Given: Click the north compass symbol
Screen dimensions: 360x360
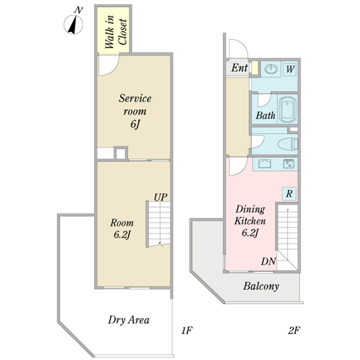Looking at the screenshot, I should tap(74, 23).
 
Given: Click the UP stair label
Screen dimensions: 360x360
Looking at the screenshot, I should tap(160, 196).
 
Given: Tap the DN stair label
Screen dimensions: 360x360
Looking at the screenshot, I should tap(268, 262).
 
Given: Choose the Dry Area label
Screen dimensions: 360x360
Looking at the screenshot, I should tap(129, 320).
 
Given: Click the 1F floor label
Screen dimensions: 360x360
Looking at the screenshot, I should tap(186, 330).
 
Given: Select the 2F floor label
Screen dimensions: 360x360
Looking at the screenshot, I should tap(293, 330).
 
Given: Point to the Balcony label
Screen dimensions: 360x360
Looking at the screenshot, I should tap(261, 286).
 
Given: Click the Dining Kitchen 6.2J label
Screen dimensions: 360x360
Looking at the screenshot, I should tap(250, 221).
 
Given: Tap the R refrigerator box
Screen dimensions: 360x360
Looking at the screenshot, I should tap(289, 194).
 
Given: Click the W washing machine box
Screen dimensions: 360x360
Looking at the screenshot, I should tap(290, 69).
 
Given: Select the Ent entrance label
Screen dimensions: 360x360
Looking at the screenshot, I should tap(239, 68).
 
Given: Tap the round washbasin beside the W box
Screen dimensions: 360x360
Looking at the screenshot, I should tap(269, 68).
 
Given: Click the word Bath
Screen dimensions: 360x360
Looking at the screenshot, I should tap(265, 115).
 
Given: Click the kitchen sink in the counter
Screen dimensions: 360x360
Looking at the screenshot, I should tap(289, 164).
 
